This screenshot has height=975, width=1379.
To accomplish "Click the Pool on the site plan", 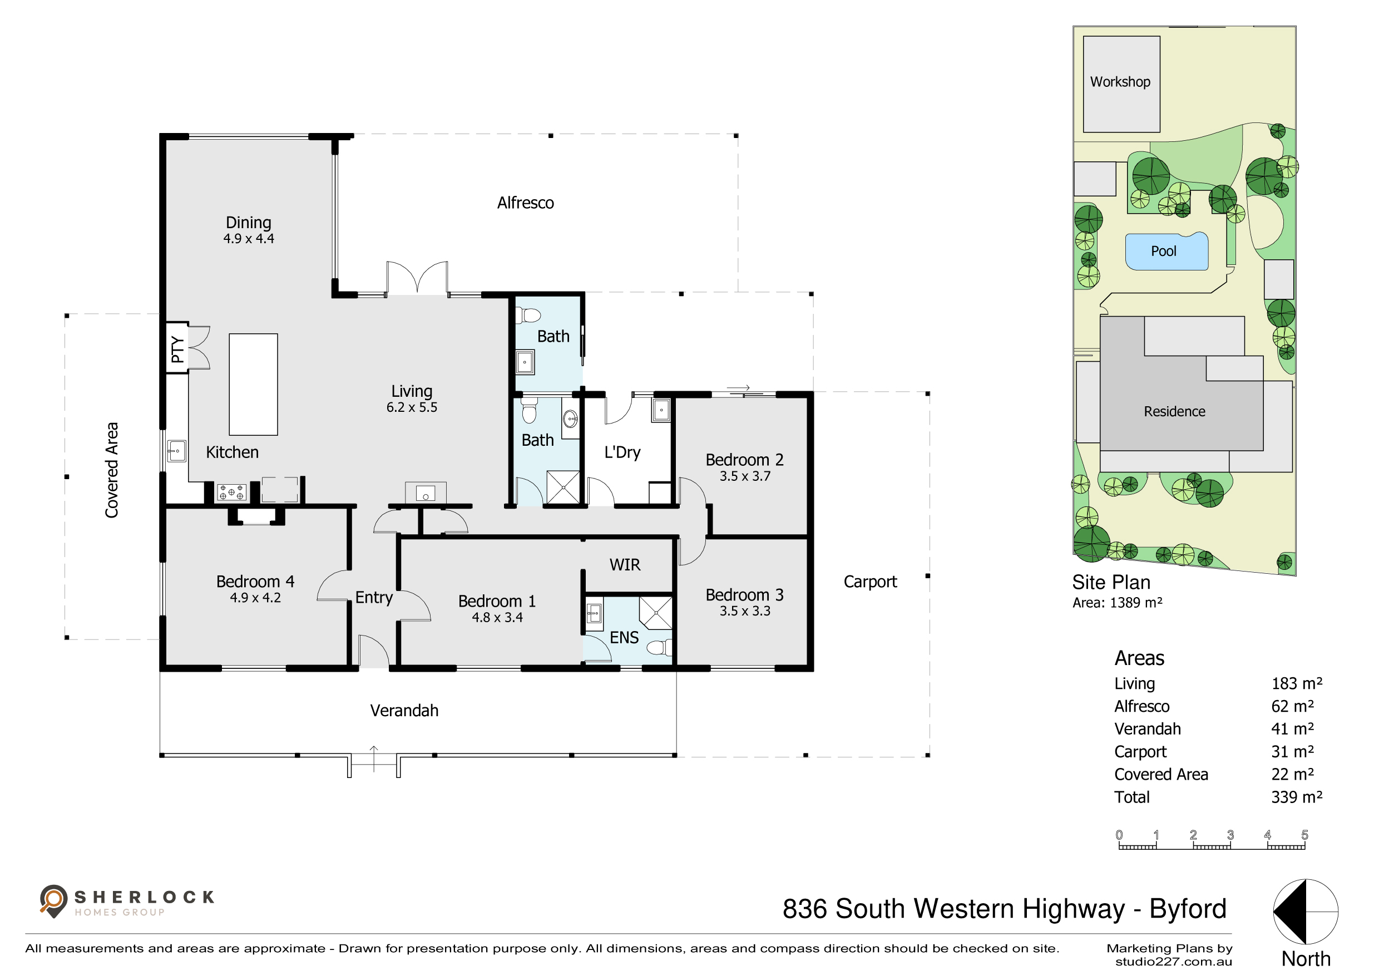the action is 1166,251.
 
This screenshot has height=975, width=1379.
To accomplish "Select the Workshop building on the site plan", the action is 1121,84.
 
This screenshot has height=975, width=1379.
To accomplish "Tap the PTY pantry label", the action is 177,349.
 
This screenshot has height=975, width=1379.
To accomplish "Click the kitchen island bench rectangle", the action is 254,385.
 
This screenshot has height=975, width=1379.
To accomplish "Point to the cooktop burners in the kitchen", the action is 232,493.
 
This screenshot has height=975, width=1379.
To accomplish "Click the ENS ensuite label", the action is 624,637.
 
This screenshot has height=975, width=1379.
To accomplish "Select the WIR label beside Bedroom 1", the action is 625,565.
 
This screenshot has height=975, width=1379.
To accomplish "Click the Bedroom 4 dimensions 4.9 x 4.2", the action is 255,598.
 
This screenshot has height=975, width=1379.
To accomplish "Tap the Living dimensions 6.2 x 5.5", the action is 412,407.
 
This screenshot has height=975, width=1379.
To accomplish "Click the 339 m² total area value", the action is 1297,796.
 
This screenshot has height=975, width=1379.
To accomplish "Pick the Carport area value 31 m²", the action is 1293,751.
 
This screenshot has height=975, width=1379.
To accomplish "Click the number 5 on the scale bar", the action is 1304,834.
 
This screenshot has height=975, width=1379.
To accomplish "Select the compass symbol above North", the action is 1306,912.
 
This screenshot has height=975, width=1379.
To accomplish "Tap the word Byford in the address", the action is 1188,909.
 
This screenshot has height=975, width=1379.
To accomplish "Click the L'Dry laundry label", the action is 622,452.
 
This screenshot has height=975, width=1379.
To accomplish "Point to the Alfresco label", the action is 526,203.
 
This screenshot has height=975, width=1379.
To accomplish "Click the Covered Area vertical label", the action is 112,470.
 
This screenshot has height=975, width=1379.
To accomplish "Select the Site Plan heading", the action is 1111,582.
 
